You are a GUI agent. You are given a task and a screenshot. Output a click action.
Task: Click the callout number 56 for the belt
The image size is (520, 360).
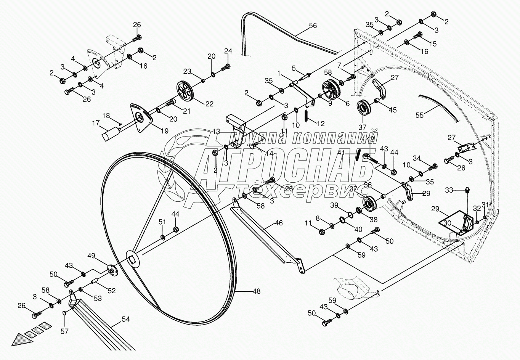click(312, 26)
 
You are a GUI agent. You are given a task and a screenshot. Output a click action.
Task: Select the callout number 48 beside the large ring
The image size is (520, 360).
click(256, 291)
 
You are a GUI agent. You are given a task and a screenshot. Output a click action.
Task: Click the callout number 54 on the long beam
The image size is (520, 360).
click(125, 319)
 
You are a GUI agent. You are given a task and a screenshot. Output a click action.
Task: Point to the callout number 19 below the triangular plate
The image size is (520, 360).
click(164, 131)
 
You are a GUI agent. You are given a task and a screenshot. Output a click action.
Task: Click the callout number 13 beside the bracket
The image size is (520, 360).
click(216, 132)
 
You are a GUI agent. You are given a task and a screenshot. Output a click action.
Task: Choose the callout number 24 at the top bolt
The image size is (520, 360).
click(228, 51)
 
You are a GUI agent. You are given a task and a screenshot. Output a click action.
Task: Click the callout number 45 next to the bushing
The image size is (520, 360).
click(392, 110)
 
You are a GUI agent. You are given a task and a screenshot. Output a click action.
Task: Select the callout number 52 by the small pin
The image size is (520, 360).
click(111, 291)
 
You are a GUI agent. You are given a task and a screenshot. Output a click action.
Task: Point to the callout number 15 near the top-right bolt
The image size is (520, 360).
click(433, 43)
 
